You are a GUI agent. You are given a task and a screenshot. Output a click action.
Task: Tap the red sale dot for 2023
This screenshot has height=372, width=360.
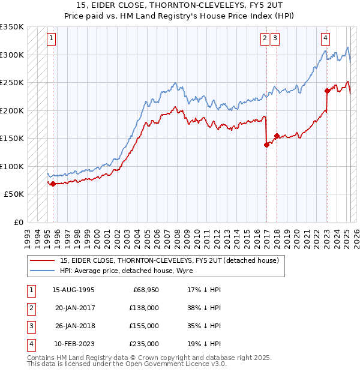[x=327, y=91]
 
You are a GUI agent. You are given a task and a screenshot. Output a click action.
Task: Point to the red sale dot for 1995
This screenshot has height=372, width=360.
[x=53, y=184]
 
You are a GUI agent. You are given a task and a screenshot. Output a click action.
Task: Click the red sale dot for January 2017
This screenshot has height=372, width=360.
[x=266, y=145]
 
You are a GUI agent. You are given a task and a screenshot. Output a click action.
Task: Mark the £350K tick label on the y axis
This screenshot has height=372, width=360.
[x=12, y=27]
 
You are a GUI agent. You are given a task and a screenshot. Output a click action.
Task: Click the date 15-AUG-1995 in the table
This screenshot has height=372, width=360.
[x=73, y=290]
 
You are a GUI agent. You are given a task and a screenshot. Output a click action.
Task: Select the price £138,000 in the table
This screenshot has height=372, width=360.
[x=145, y=308]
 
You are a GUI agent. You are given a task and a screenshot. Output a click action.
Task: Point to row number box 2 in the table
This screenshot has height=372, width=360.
[x=30, y=308]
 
